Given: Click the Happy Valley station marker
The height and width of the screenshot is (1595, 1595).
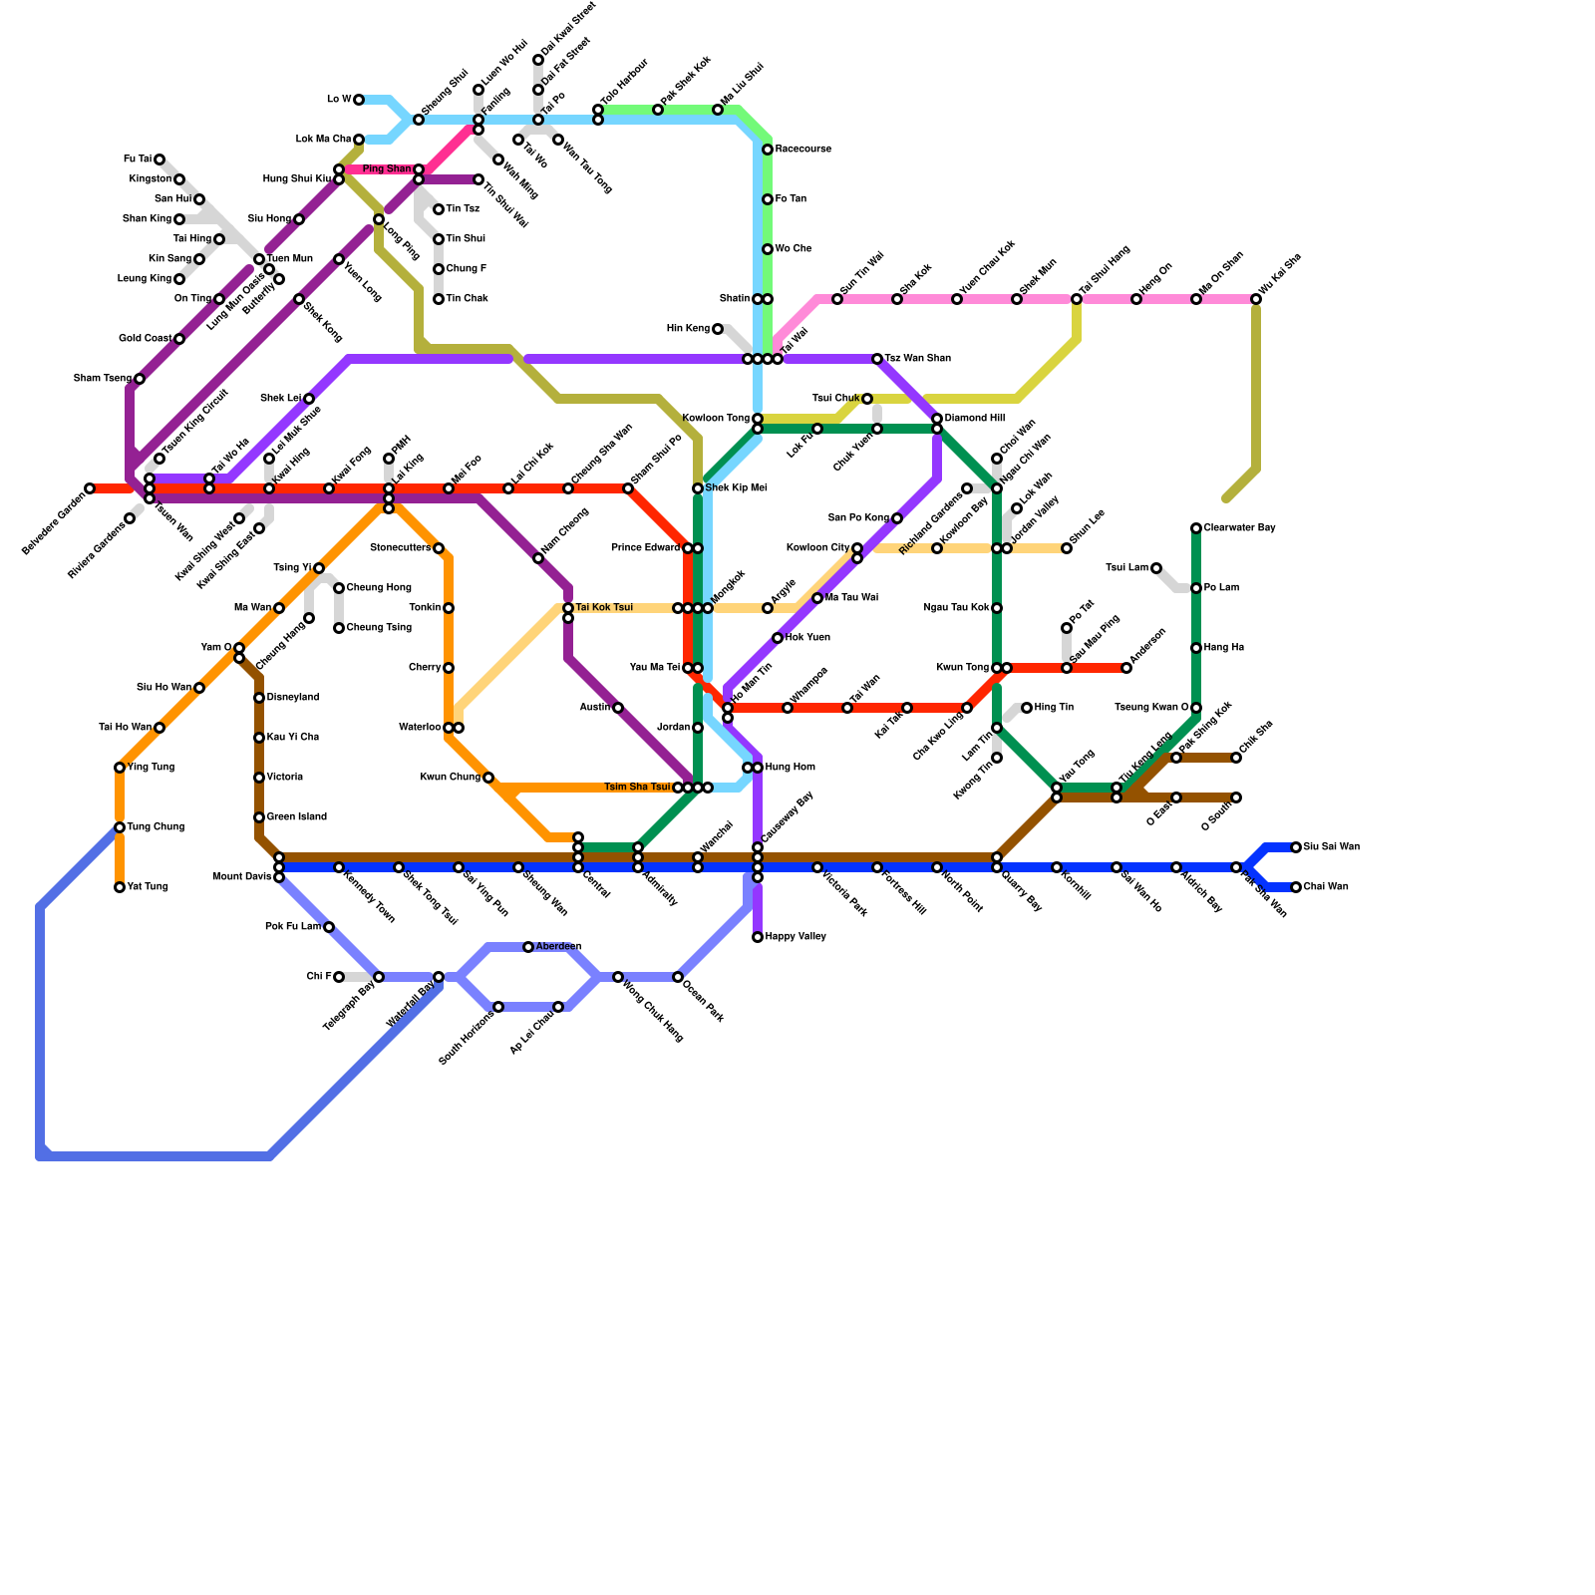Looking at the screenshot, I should tap(758, 937).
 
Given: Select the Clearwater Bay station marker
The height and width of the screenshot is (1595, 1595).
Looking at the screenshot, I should tap(1196, 528).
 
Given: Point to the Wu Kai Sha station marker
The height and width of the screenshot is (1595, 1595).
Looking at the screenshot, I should tap(1256, 299).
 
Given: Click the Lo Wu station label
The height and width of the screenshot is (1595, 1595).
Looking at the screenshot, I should tap(339, 100).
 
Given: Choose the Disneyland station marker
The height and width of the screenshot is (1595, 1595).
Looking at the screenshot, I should tap(259, 698).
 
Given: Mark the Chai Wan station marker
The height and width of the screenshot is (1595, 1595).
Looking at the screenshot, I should tap(1296, 887).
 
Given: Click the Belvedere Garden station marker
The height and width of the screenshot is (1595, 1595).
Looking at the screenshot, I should tap(90, 488).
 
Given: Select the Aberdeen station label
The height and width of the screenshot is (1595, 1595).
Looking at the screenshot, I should tap(558, 947).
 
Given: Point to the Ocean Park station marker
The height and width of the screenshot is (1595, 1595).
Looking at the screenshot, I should tap(678, 977).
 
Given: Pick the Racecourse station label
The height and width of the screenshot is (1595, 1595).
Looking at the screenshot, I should tap(802, 150).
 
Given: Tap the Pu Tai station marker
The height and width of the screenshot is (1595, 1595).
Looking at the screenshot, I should tap(159, 159).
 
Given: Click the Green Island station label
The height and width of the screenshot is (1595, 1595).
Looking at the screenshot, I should tap(296, 817).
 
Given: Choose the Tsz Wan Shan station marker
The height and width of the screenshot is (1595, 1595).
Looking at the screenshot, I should tap(877, 359).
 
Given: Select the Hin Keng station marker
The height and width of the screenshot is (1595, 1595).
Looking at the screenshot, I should tap(718, 329).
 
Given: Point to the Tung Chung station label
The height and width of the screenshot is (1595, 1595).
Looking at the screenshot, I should tap(156, 827).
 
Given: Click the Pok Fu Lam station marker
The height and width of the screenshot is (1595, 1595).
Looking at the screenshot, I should tap(329, 927).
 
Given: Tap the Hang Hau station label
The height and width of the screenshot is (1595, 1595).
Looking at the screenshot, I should tap(1223, 648).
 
